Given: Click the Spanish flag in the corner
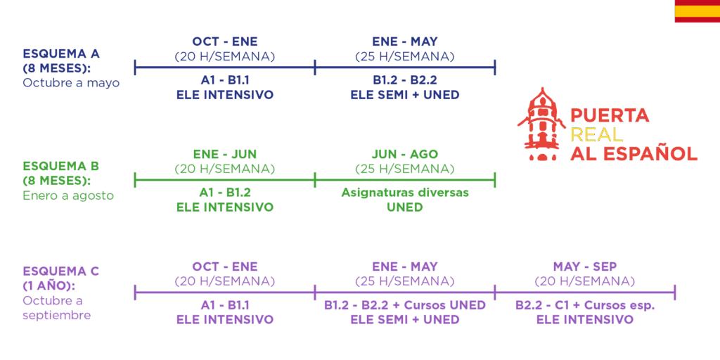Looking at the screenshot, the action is [x=697, y=11].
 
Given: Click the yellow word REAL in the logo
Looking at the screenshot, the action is [x=596, y=134].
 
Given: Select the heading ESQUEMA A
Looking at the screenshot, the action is [x=61, y=53].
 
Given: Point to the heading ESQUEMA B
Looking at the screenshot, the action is [x=61, y=166].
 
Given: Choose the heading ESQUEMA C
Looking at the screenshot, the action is [x=61, y=271].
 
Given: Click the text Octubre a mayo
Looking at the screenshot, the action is [x=71, y=84].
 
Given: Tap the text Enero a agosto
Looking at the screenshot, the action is [x=68, y=195].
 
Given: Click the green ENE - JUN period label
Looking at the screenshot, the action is [x=225, y=154].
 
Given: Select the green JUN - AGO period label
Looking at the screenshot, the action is [x=405, y=154].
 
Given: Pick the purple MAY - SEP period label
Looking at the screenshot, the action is [x=585, y=266].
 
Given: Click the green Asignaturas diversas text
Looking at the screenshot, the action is [x=405, y=193].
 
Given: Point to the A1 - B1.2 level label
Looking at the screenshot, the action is [x=225, y=193].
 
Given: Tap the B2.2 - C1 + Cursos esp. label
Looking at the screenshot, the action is [x=585, y=305].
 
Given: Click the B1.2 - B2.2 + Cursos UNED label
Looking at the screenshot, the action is [x=405, y=305].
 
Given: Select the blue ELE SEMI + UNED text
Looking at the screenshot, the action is [x=405, y=95].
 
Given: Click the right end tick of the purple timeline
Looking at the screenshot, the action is [x=674, y=292].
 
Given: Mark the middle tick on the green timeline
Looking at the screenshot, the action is [x=315, y=180].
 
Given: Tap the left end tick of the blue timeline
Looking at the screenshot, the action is [x=135, y=67].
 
